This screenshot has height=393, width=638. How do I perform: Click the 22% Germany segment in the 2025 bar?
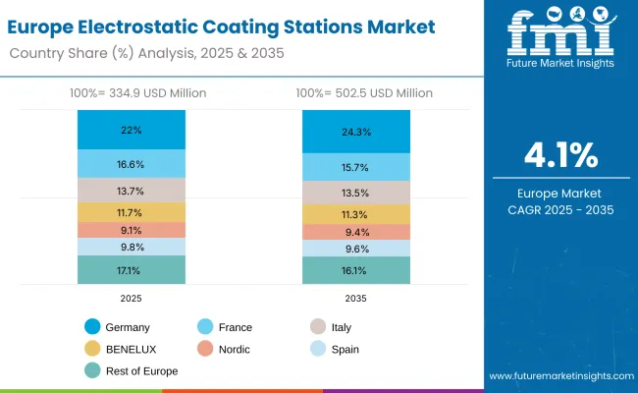(x=132, y=130)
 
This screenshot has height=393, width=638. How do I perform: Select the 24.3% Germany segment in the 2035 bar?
(x=355, y=132)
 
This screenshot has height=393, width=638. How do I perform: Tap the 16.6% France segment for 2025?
(x=132, y=163)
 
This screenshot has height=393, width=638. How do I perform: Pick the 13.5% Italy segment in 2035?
(x=355, y=193)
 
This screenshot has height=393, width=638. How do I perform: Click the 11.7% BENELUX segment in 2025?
(x=132, y=212)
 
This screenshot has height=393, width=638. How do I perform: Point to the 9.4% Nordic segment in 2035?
(x=355, y=233)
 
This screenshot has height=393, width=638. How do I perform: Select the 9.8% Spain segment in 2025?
(x=132, y=247)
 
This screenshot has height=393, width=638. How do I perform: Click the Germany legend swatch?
(x=91, y=327)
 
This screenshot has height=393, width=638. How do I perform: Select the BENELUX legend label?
(x=133, y=349)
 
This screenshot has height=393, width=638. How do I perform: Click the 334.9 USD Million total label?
(x=132, y=92)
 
